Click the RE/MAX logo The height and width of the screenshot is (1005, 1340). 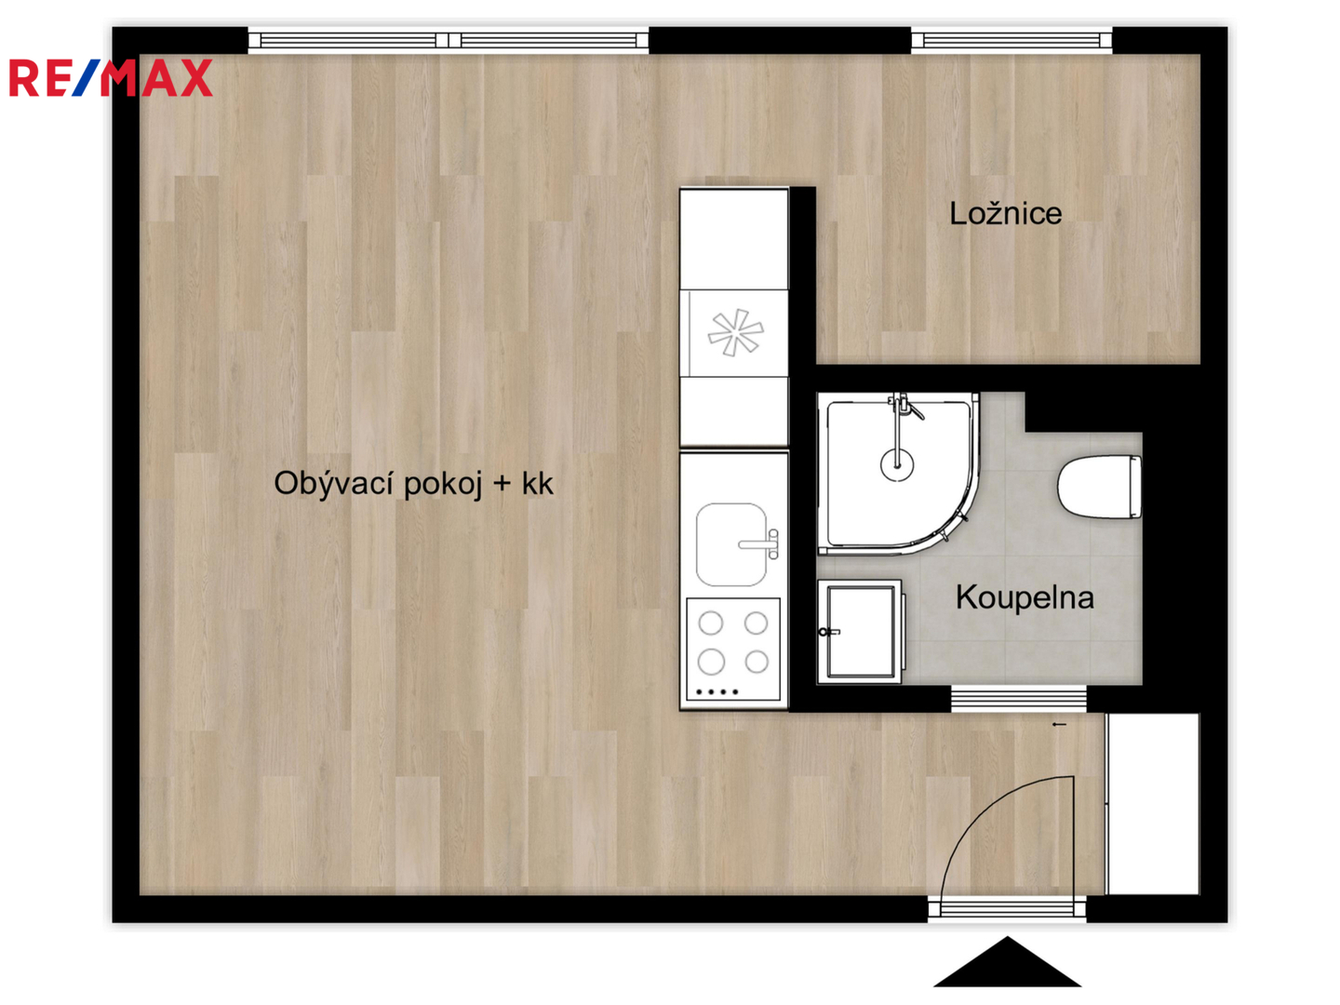111,77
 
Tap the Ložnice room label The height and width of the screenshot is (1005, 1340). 1005,214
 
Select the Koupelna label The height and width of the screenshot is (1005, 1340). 1024,597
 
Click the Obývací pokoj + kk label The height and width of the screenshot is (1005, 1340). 413,484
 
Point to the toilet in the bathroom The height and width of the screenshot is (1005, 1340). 1099,487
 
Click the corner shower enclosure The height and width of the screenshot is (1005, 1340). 897,474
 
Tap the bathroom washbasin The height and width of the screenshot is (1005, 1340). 860,632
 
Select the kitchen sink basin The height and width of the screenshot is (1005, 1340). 730,544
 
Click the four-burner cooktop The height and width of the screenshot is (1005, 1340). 733,649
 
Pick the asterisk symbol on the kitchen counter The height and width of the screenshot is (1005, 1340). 735,332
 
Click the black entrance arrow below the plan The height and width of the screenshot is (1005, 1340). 1007,961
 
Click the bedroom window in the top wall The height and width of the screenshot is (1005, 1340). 1012,40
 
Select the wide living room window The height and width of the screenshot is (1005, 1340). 449,40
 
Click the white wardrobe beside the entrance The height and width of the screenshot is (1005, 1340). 1153,804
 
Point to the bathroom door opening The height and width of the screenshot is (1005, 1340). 1018,699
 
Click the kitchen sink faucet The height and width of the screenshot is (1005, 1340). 760,544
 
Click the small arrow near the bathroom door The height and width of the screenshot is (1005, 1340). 1059,725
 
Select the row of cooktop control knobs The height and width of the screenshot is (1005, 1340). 717,692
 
